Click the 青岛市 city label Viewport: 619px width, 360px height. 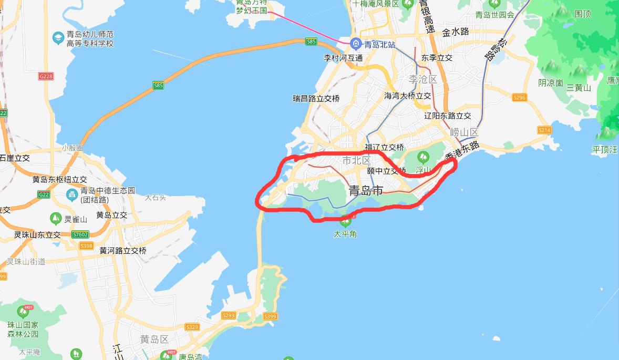coord(366,191)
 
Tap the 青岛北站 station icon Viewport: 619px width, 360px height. coord(356,44)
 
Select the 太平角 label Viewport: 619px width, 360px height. coord(345,234)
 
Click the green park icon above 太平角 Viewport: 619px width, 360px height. coord(345,220)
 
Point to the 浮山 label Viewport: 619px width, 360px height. coord(423,170)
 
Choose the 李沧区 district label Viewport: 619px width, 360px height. coord(422,79)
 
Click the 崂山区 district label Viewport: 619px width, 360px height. coord(464,132)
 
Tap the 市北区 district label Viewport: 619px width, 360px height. coord(356,160)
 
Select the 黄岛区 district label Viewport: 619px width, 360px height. coord(154,339)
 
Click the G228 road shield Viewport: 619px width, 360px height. coord(46,76)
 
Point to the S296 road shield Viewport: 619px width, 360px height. coord(519,97)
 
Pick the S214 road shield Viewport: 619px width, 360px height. coord(544,130)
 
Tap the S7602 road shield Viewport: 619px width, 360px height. coord(80,234)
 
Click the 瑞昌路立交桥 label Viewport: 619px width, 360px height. coord(316,98)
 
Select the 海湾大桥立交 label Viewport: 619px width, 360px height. coord(407,96)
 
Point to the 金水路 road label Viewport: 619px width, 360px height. coord(455,32)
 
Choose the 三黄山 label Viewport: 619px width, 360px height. coord(579,88)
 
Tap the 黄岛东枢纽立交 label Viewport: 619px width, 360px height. coord(59,179)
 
